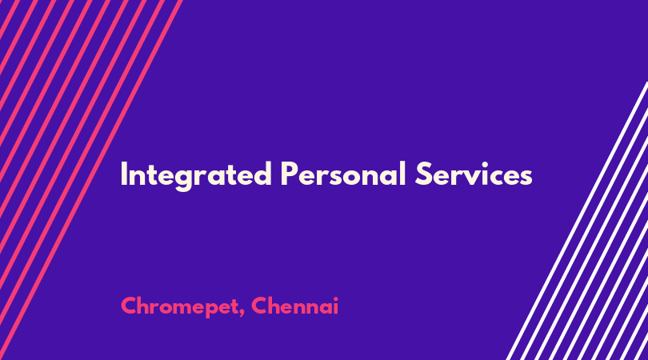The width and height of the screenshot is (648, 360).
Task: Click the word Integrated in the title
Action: pyautogui.click(x=196, y=175)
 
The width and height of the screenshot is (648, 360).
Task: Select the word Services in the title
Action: pyautogui.click(x=474, y=174)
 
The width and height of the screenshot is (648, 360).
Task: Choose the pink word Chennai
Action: pyautogui.click(x=294, y=306)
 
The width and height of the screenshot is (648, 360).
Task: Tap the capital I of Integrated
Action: pyautogui.click(x=123, y=174)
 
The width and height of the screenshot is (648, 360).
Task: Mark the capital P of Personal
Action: pyautogui.click(x=289, y=174)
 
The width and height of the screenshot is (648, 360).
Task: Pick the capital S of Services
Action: pyautogui.click(x=423, y=174)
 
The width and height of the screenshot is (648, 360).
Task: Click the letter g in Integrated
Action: pyautogui.click(x=184, y=180)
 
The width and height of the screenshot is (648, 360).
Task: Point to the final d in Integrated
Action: pyautogui.click(x=262, y=174)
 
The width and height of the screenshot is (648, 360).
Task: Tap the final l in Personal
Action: pyautogui.click(x=403, y=174)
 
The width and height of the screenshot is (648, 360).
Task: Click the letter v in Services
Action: pyautogui.click(x=478, y=178)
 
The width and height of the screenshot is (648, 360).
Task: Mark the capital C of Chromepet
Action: pyautogui.click(x=130, y=306)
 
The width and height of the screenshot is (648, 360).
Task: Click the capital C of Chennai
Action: pyautogui.click(x=259, y=306)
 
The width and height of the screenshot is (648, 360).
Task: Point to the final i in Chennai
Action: pyautogui.click(x=336, y=306)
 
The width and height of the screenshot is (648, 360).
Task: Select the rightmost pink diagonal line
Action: pyautogui.click(x=90, y=180)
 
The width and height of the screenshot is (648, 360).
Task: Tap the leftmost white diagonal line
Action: pyautogui.click(x=577, y=221)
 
